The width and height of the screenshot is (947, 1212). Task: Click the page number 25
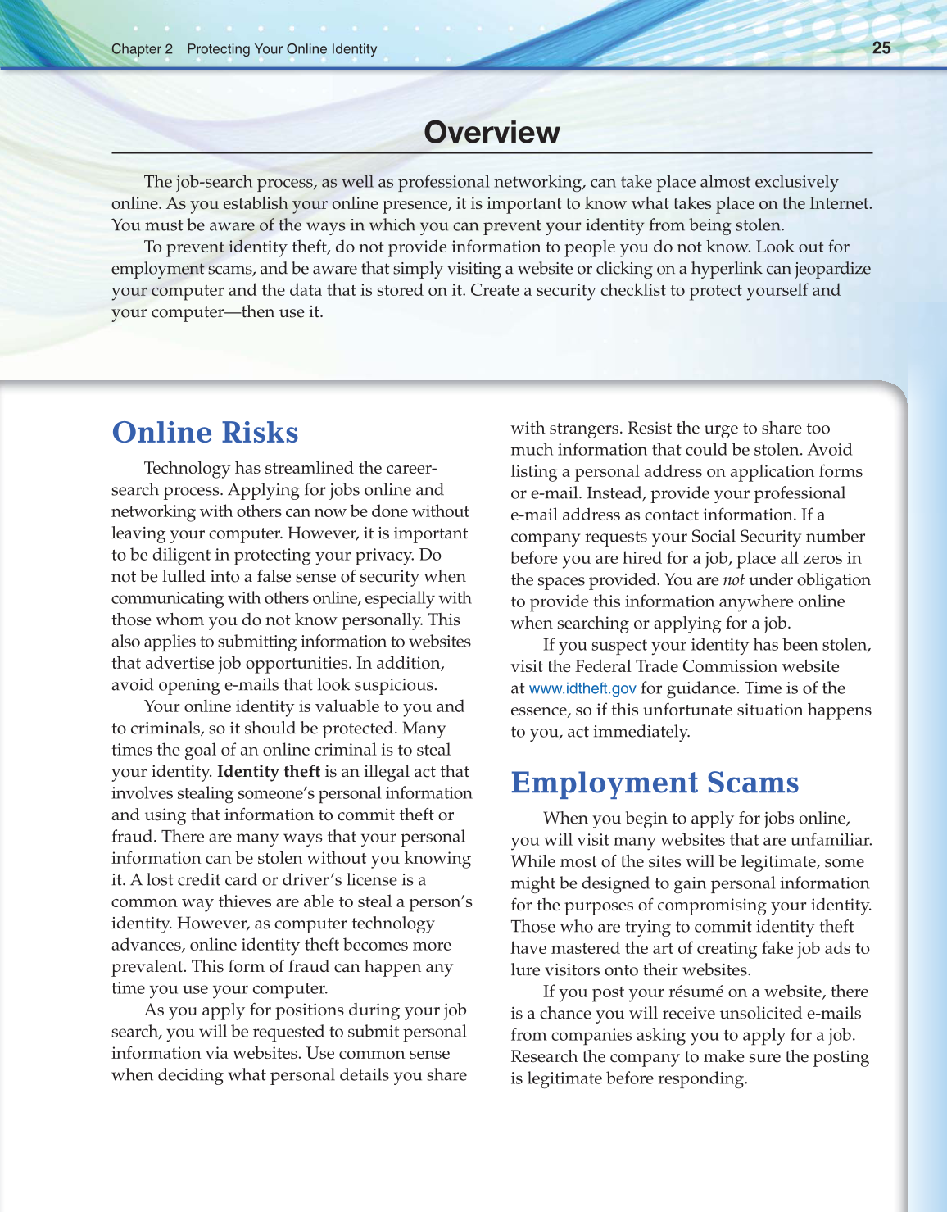pyautogui.click(x=881, y=48)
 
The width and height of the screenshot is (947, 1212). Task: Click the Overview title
pyautogui.click(x=492, y=132)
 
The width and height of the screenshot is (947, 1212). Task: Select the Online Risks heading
pyautogui.click(x=205, y=432)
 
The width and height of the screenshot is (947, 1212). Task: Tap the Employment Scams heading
pyautogui.click(x=654, y=782)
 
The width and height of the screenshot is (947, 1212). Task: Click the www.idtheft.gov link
pyautogui.click(x=582, y=688)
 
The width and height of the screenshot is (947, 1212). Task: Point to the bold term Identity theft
pyautogui.click(x=268, y=771)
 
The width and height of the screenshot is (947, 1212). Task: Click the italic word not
pyautogui.click(x=733, y=580)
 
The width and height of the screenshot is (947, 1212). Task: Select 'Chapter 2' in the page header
pyautogui.click(x=142, y=49)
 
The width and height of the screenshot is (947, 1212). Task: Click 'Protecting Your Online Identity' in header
pyautogui.click(x=282, y=49)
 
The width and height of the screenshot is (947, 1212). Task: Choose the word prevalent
pyautogui.click(x=147, y=966)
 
